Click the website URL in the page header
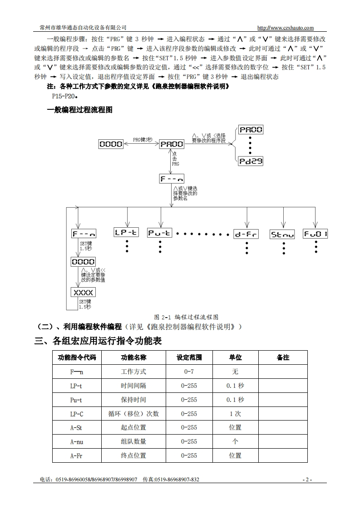(x=285, y=28)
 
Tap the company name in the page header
(x=83, y=28)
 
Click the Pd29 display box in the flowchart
(x=251, y=161)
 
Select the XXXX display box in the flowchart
(x=83, y=293)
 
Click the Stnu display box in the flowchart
(x=282, y=234)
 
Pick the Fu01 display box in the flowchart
(x=316, y=234)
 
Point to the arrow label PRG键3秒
(x=143, y=140)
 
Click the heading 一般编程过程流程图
(x=79, y=110)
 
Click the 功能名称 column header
(x=133, y=357)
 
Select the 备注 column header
(x=283, y=357)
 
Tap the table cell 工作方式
(x=133, y=372)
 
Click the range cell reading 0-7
(x=189, y=372)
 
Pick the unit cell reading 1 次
(x=235, y=414)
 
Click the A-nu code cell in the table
(x=76, y=441)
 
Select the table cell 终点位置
(x=133, y=455)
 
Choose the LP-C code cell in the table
(x=76, y=414)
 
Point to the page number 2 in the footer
(x=307, y=480)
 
